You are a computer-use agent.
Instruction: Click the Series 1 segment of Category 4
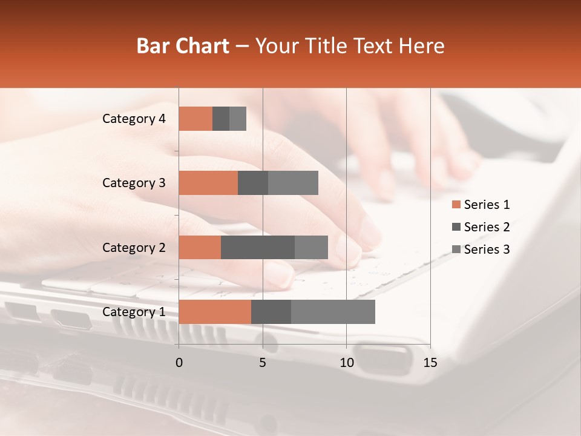[195, 119]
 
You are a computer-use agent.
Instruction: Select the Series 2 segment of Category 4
[221, 119]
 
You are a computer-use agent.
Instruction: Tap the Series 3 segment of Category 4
[238, 119]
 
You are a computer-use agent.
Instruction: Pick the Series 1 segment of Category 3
[208, 183]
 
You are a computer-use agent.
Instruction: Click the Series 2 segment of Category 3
[253, 183]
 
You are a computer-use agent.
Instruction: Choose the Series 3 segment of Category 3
[293, 183]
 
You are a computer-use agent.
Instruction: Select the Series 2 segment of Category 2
[258, 247]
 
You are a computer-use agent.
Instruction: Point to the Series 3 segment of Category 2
[311, 247]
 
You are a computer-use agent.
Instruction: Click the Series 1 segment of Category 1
[215, 312]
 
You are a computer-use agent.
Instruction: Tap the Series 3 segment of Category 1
[333, 312]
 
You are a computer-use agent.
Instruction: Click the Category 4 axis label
[134, 119]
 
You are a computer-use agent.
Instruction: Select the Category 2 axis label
[134, 247]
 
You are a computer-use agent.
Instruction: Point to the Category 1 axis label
[134, 312]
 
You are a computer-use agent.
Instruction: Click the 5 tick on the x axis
[263, 363]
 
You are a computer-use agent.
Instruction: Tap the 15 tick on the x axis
[430, 363]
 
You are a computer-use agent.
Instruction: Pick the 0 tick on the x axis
[179, 363]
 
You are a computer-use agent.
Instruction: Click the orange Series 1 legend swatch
[456, 205]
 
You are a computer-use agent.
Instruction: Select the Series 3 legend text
[487, 249]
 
